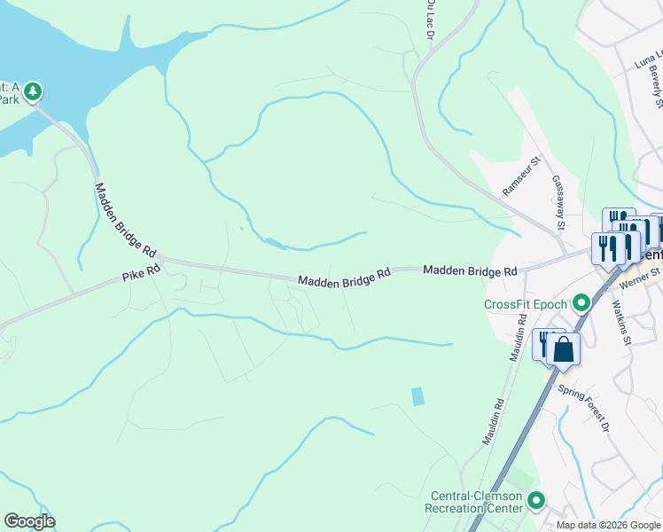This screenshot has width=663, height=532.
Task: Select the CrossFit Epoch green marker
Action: coord(581,304)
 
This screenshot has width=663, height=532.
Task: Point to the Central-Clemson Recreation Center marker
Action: coord(536,501)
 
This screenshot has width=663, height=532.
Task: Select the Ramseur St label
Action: coord(521,177)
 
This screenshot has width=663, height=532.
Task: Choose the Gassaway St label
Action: coord(559,201)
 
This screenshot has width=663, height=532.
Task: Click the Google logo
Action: coord(29,521)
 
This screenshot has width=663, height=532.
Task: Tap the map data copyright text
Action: coord(608,525)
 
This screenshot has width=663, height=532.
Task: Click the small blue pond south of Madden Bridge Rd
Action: coord(417,396)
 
